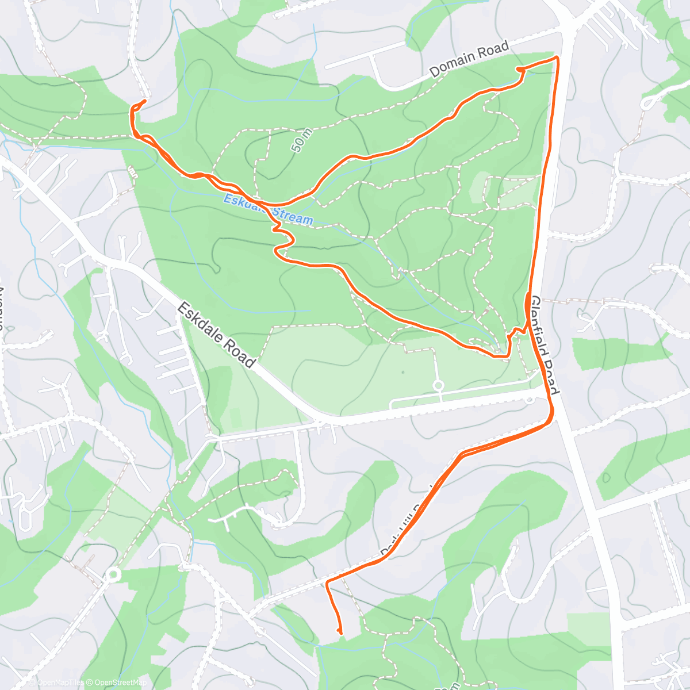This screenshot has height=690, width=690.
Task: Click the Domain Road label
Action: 470,58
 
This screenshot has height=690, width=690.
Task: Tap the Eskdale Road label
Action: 216,335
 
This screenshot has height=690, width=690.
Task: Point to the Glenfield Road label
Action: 545,345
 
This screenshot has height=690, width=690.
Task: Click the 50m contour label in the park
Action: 302,140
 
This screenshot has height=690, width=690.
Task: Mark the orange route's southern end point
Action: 340,633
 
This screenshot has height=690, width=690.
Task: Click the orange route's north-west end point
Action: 143,101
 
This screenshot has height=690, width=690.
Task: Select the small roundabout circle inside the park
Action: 438,385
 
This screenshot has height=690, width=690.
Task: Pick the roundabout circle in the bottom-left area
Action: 113,574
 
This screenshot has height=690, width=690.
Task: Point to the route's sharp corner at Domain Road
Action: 557,57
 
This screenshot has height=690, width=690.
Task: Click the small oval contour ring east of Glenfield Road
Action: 605,477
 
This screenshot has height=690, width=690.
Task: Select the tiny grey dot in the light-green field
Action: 402,372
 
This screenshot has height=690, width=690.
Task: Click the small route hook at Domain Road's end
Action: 520,70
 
